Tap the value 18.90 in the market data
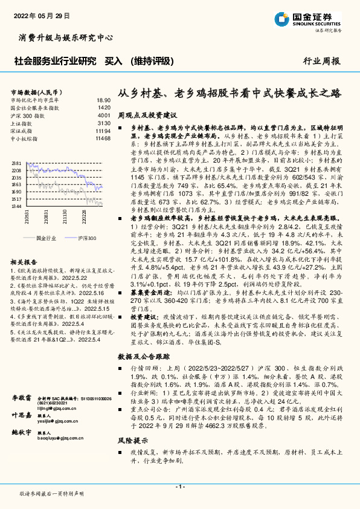103,100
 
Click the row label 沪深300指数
28,115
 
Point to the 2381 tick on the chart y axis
16,163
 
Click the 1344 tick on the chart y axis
16,207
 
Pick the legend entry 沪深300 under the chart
87,238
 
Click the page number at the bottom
180,487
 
